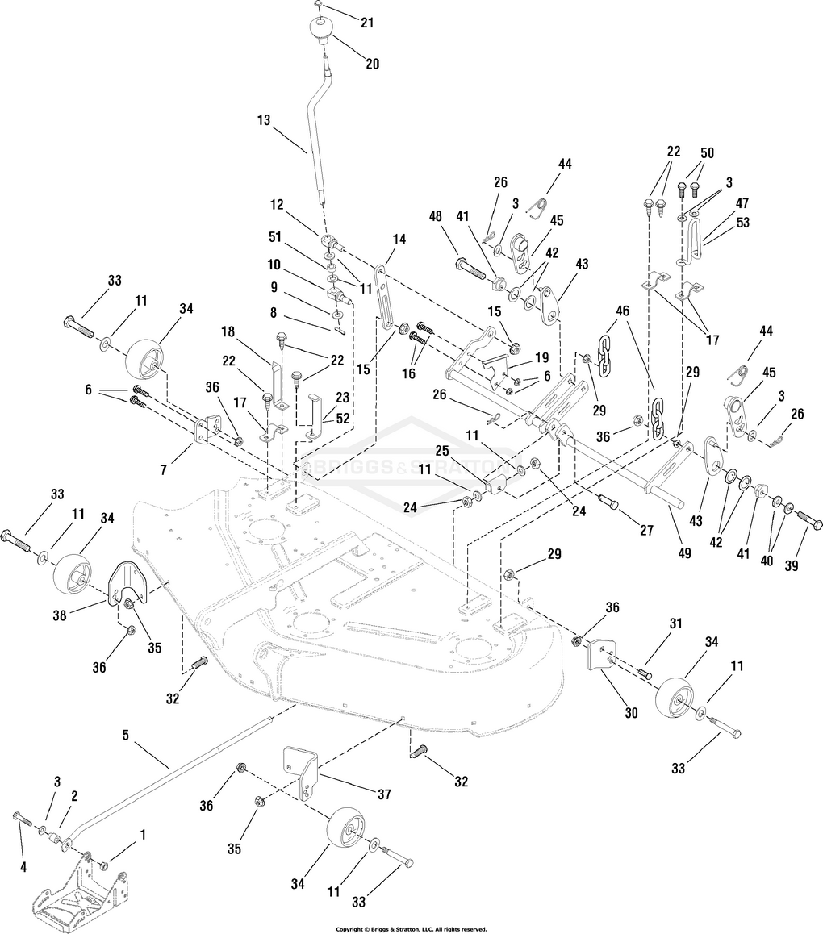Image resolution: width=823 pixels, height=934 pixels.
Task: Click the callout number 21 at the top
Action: click(367, 23)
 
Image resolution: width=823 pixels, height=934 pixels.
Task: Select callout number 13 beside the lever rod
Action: click(264, 120)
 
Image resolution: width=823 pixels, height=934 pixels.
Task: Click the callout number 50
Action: click(708, 152)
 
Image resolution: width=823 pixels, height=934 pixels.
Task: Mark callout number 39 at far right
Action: click(791, 565)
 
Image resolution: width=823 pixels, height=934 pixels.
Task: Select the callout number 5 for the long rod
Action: click(125, 735)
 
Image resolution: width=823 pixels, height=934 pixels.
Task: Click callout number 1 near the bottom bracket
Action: click(143, 833)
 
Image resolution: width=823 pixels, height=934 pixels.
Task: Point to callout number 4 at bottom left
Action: click(23, 867)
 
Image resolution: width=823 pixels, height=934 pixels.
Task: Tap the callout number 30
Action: click(630, 712)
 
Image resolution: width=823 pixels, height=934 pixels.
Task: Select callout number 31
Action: click(675, 623)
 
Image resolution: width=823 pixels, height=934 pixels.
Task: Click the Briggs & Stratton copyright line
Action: click(411, 929)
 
